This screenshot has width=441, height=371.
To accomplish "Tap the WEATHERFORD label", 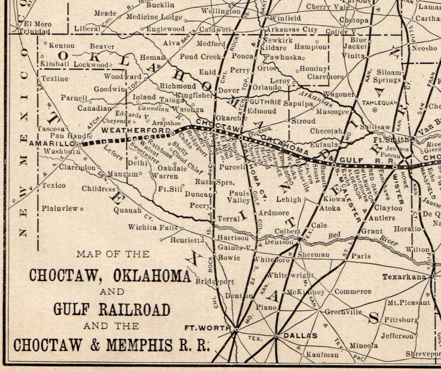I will (x=136, y=130).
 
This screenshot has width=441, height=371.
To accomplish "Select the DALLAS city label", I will (x=300, y=335).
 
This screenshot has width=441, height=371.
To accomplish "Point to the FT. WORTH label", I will (x=207, y=328).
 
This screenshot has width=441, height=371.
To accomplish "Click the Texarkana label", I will (x=404, y=277).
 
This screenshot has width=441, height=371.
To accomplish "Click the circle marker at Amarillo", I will (x=78, y=144).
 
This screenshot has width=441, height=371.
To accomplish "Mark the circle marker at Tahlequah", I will (x=375, y=110).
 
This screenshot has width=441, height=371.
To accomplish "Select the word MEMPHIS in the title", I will (x=139, y=345).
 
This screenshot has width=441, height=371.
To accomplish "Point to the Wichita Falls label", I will (x=152, y=227).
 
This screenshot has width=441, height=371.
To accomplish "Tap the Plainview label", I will (x=60, y=208).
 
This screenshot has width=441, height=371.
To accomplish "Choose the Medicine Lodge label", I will (x=154, y=17).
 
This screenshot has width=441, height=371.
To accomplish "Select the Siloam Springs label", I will (x=387, y=76).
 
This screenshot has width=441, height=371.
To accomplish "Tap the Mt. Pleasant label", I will (x=409, y=302).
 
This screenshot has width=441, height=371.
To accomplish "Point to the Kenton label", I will (x=62, y=46).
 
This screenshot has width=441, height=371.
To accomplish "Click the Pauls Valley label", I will (x=239, y=196).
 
